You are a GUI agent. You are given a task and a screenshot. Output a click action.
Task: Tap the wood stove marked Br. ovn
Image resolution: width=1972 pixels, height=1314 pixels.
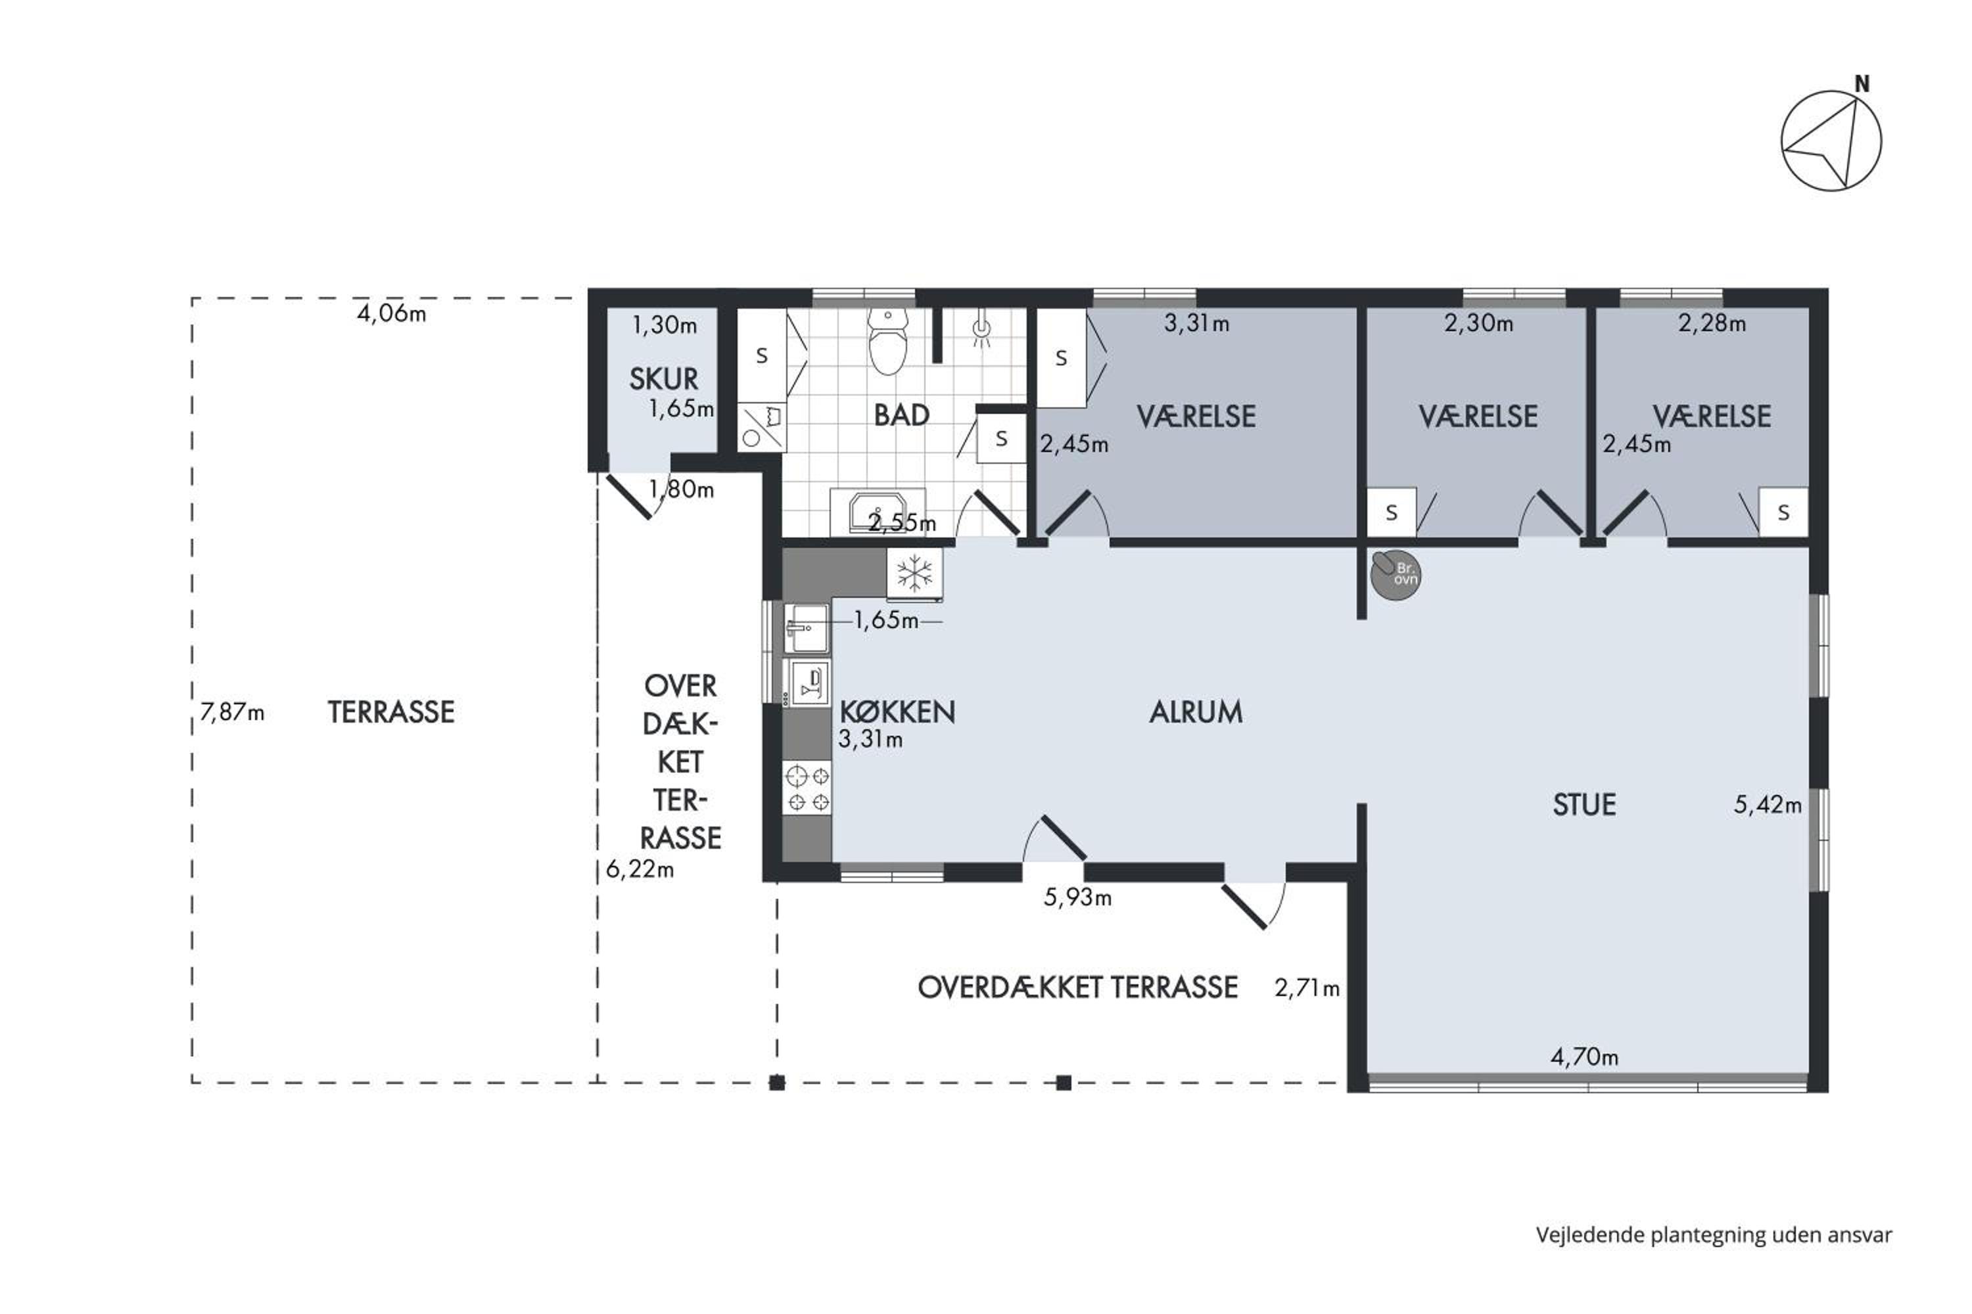coord(1396,575)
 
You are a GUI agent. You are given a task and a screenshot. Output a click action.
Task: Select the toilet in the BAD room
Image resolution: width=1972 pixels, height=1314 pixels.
coord(888,341)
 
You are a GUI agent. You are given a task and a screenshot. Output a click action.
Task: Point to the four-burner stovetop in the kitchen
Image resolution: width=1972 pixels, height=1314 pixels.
coord(807,788)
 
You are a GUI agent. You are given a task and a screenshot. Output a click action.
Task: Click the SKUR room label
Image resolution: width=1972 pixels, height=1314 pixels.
coord(663,379)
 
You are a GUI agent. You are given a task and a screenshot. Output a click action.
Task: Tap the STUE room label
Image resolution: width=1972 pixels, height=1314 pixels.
coord(1584,804)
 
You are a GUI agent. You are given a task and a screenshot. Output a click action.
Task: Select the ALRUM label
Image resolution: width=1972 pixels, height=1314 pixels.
coord(1196,712)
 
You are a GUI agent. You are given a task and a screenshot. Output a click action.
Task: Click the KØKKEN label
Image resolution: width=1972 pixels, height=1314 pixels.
coord(897,712)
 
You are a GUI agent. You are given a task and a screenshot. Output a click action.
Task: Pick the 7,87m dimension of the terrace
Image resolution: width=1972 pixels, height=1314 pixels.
coord(232,712)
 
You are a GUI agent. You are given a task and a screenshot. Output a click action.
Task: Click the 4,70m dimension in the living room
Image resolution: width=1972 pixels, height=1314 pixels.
coord(1584,1056)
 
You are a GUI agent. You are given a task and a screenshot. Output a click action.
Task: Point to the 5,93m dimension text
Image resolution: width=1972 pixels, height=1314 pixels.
coord(1077,897)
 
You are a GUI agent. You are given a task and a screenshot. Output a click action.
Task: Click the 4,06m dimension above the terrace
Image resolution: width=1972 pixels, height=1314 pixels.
coord(392,313)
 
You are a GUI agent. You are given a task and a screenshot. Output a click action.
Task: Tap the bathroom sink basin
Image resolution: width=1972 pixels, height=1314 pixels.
coord(877,512)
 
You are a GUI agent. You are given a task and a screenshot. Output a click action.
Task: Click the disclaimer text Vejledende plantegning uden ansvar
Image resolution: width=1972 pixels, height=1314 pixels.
coord(1714,1235)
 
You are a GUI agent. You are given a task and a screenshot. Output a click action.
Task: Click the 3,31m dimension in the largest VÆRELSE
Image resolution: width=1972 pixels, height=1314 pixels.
coord(1196,323)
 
